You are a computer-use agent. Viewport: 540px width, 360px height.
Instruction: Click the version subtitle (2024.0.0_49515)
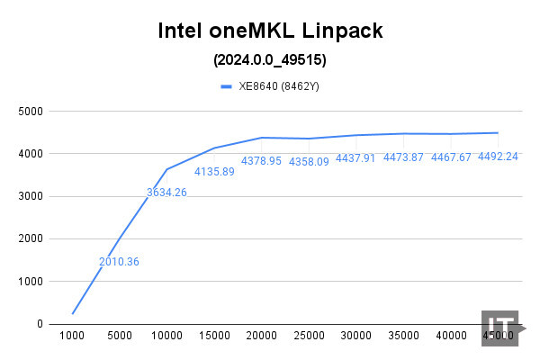(270, 61)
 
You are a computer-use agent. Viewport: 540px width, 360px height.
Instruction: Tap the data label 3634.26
(166, 192)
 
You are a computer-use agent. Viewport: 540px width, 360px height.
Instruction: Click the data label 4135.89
(214, 170)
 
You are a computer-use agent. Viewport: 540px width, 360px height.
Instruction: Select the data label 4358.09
(310, 161)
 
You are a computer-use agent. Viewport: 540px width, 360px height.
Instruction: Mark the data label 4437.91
(357, 157)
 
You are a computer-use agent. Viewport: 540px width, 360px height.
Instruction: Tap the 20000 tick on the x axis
(262, 336)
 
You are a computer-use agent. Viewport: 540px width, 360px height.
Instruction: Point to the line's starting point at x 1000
(72, 313)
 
